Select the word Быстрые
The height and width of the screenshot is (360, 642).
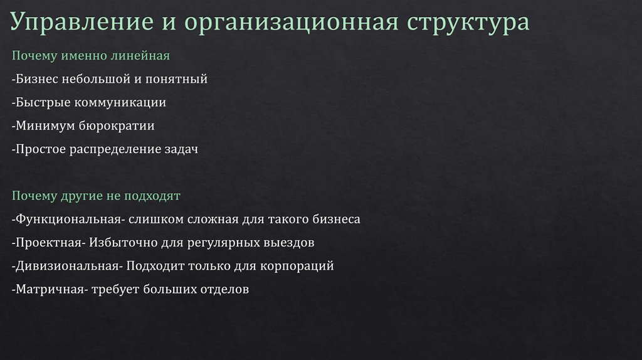click(x=43, y=102)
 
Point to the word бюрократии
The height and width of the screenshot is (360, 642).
click(x=117, y=126)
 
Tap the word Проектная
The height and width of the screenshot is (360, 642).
click(x=50, y=242)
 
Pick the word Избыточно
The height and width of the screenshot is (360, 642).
click(x=120, y=242)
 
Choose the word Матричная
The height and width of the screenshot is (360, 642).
click(x=51, y=289)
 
